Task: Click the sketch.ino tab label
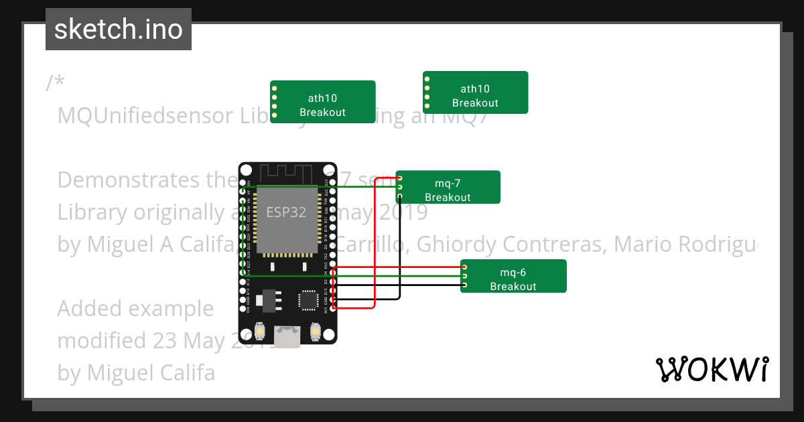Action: pos(118,29)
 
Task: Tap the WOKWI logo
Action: pos(712,370)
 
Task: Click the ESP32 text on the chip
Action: pos(286,212)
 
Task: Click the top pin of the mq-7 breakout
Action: pos(399,178)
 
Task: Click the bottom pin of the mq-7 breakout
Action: pos(399,196)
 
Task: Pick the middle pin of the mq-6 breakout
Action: pos(464,276)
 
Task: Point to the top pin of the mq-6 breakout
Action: pos(464,267)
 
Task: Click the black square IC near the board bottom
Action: pos(309,299)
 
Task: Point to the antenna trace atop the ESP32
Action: pos(288,173)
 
